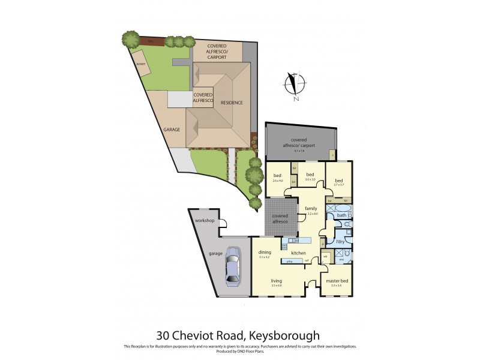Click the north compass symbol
(x=294, y=85)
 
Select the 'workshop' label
(x=205, y=221)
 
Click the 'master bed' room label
(x=337, y=281)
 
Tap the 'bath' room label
(x=341, y=215)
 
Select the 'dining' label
(x=265, y=253)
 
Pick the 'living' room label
(x=277, y=281)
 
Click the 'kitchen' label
(x=299, y=253)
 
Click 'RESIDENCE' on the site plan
(x=232, y=103)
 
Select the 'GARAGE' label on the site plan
(x=172, y=129)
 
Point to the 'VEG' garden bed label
(x=152, y=41)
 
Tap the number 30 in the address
(x=164, y=335)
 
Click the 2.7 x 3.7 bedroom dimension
(x=339, y=185)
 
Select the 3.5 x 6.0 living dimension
(x=277, y=286)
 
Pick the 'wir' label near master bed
(x=326, y=256)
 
